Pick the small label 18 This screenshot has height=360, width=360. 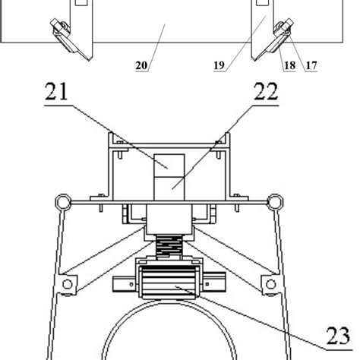(289, 67)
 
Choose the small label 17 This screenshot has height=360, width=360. (311, 67)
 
